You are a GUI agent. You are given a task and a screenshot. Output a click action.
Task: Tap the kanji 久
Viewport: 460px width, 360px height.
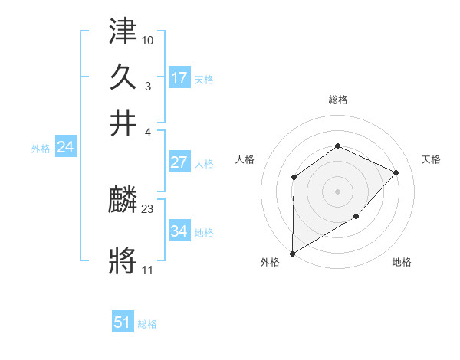click(123, 78)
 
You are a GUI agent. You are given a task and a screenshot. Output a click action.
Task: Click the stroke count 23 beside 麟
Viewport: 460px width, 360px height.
click(148, 208)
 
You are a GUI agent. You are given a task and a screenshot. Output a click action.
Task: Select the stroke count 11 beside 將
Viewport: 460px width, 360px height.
click(147, 270)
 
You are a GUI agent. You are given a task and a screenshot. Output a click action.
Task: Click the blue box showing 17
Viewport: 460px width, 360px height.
click(179, 77)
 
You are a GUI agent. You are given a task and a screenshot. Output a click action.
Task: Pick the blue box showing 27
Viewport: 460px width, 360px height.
click(179, 162)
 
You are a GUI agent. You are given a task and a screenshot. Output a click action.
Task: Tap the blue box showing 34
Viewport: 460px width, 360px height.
click(179, 231)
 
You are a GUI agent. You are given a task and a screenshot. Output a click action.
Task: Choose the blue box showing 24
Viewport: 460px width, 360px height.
click(64, 147)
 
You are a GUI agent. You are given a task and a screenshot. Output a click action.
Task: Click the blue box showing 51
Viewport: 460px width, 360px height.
click(123, 322)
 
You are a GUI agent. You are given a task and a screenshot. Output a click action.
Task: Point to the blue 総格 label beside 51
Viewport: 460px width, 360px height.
click(147, 324)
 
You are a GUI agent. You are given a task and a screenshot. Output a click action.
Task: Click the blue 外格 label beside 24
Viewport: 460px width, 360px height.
click(41, 149)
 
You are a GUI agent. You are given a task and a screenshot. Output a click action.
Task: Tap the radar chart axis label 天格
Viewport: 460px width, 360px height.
click(431, 159)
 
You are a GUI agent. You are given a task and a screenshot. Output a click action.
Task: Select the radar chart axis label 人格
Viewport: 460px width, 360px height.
click(245, 159)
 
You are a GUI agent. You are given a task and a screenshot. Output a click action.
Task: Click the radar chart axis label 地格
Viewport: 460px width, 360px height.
click(402, 263)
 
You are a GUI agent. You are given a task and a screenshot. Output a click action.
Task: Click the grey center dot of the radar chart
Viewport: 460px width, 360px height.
click(337, 191)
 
